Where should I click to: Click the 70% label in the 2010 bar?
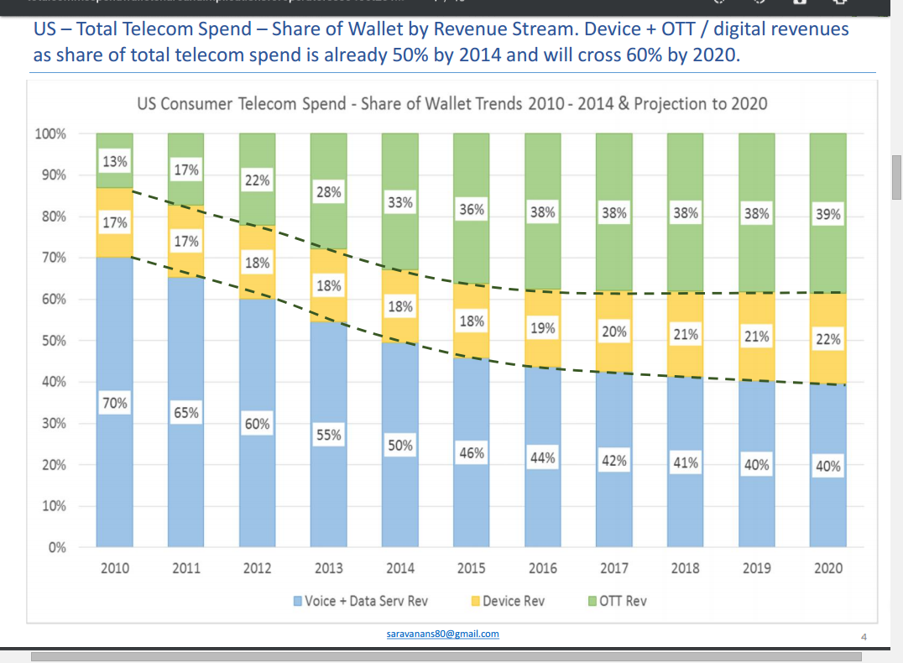pos(115,403)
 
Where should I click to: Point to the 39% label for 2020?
pos(827,214)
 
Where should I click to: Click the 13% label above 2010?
pos(115,161)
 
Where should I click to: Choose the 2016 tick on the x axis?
pos(543,568)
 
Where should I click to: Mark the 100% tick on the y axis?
pos(51,134)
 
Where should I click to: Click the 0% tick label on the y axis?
pos(56,548)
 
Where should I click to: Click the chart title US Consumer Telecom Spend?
pos(451,104)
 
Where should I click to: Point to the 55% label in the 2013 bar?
pos(329,435)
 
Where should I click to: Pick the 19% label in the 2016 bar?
pos(543,328)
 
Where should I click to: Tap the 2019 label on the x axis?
pos(756,568)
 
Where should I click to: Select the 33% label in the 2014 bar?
pos(400,202)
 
